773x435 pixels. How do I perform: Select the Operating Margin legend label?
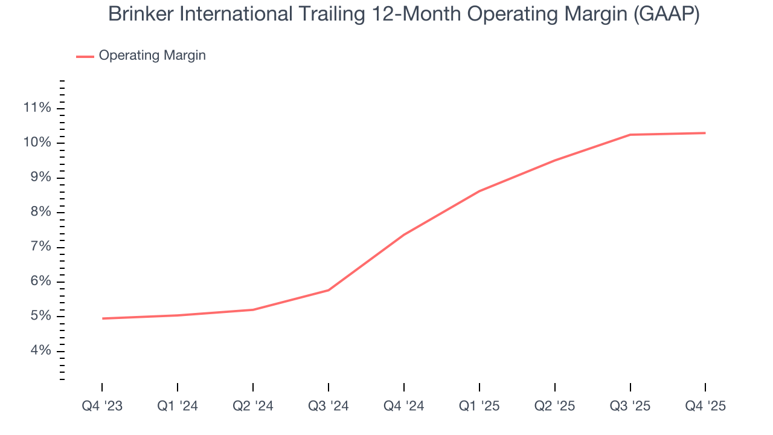click(152, 56)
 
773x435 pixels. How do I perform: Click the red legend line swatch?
click(85, 56)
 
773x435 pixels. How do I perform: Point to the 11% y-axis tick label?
click(37, 108)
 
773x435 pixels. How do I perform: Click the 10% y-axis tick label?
click(37, 143)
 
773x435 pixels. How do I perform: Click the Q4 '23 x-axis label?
click(102, 407)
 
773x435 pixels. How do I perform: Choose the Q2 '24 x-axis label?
click(253, 407)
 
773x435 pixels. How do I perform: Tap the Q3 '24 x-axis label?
click(329, 407)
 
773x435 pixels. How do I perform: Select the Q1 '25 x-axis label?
click(480, 407)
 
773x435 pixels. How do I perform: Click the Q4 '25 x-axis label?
click(705, 407)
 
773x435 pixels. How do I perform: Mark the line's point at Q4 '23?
click(102, 318)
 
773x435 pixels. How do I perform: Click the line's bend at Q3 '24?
click(329, 290)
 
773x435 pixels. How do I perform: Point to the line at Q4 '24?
click(404, 234)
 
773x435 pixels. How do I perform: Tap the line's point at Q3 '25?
click(630, 135)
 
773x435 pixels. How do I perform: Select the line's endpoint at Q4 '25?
click(705, 133)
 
